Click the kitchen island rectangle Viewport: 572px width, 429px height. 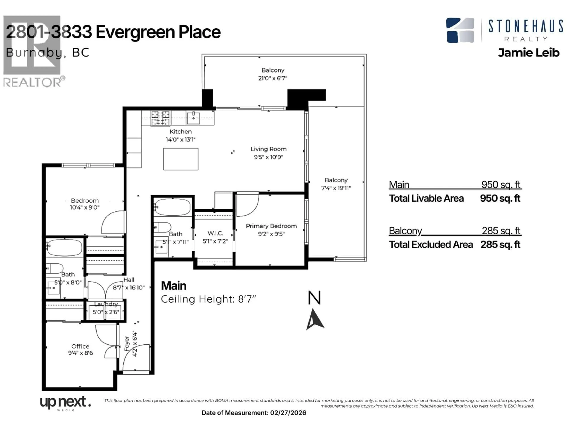click(x=181, y=159)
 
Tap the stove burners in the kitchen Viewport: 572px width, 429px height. click(x=160, y=118)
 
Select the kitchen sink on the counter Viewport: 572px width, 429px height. click(x=193, y=118)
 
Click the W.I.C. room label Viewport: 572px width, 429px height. click(x=215, y=233)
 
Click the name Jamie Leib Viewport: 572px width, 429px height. click(x=529, y=53)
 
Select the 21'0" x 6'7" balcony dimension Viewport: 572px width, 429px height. click(x=273, y=78)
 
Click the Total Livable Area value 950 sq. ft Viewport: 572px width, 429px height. click(x=500, y=198)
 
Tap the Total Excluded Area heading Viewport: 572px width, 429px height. click(x=431, y=244)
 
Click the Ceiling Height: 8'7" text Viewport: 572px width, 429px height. click(x=208, y=299)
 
